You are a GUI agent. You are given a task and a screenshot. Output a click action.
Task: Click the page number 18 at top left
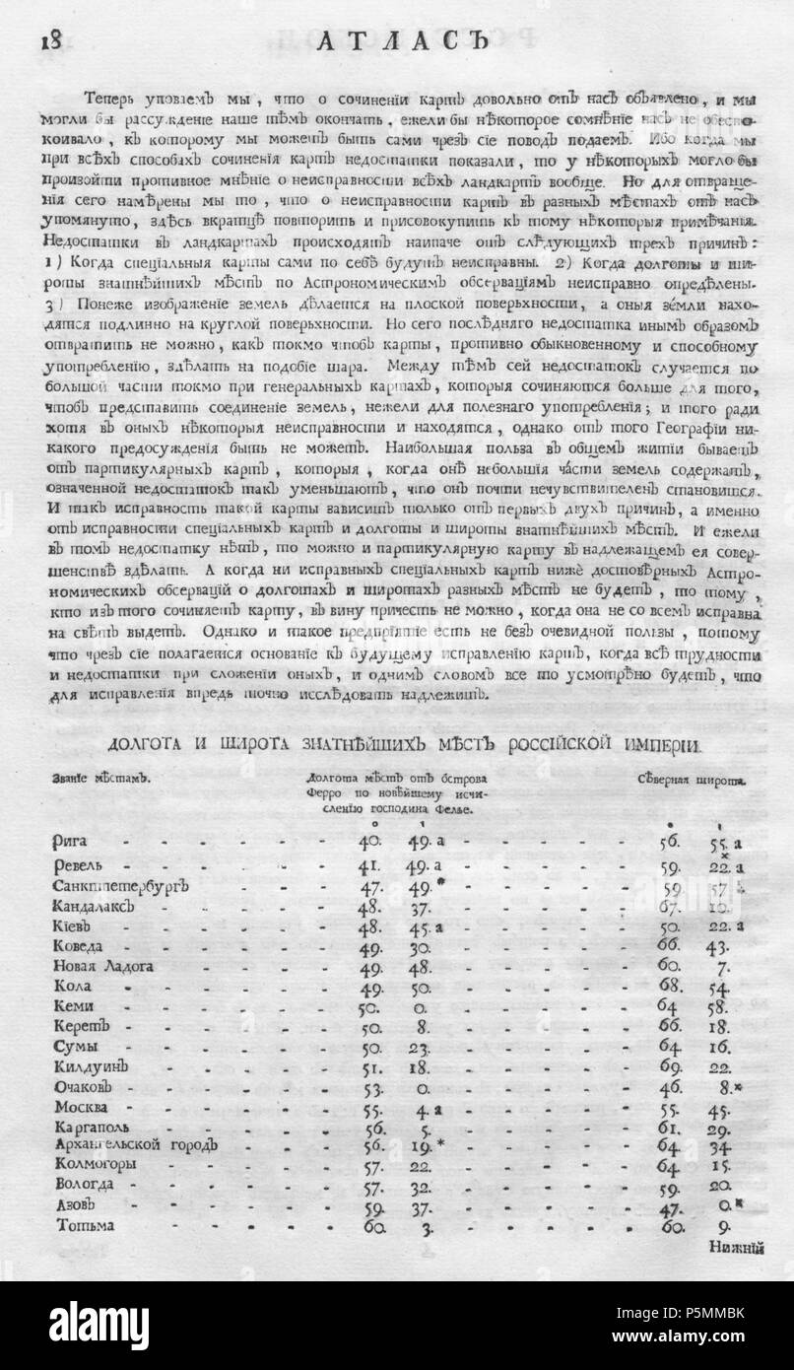coord(49,40)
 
